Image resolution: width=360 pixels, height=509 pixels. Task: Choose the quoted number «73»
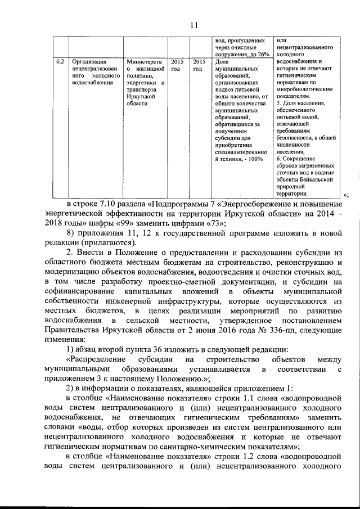pyautogui.click(x=213, y=223)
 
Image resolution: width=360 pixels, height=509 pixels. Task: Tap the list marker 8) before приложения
pyautogui.click(x=70, y=233)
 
